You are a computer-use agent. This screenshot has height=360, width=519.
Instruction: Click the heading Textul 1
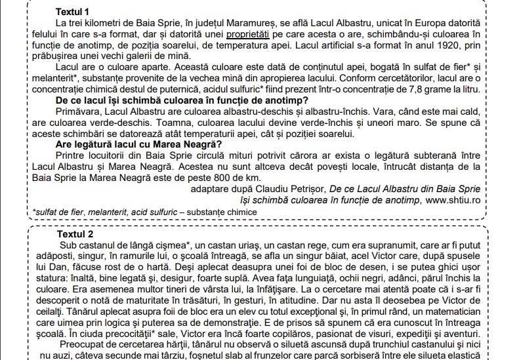coord(73,12)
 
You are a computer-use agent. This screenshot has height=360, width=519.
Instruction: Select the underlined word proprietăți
coord(249,33)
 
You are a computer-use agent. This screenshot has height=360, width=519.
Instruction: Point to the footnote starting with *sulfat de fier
coord(144,212)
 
